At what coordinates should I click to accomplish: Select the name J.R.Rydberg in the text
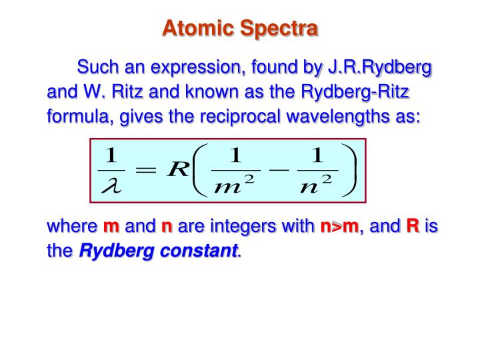[379, 67]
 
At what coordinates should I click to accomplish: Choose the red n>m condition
[339, 227]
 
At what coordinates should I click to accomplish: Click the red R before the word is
[413, 227]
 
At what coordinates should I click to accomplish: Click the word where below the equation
[71, 227]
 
